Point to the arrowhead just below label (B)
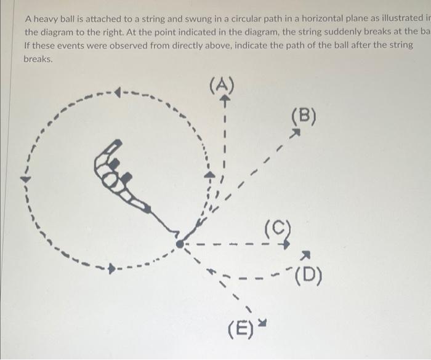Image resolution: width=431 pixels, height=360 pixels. (296, 131)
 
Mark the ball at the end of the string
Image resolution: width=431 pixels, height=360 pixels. (179, 244)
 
